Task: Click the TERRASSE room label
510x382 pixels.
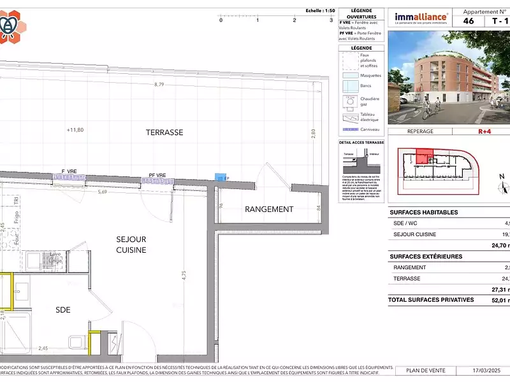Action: pyautogui.click(x=164, y=132)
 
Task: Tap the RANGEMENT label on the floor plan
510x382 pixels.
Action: pyautogui.click(x=269, y=209)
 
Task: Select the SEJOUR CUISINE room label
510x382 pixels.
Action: pyautogui.click(x=131, y=244)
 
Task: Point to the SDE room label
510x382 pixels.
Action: pyautogui.click(x=62, y=310)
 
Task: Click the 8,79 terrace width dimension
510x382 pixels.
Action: pyautogui.click(x=159, y=85)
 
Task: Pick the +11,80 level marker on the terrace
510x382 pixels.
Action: pyautogui.click(x=75, y=130)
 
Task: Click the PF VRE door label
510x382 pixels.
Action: pyautogui.click(x=157, y=175)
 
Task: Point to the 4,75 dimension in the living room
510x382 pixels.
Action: pyautogui.click(x=184, y=276)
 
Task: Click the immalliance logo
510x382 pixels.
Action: pyautogui.click(x=421, y=17)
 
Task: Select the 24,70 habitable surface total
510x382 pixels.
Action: pyautogui.click(x=498, y=244)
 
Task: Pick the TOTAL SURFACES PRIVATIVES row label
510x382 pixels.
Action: pyautogui.click(x=431, y=299)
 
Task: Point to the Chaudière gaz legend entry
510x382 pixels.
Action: pyautogui.click(x=370, y=102)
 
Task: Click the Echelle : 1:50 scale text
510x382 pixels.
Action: pyautogui.click(x=321, y=11)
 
